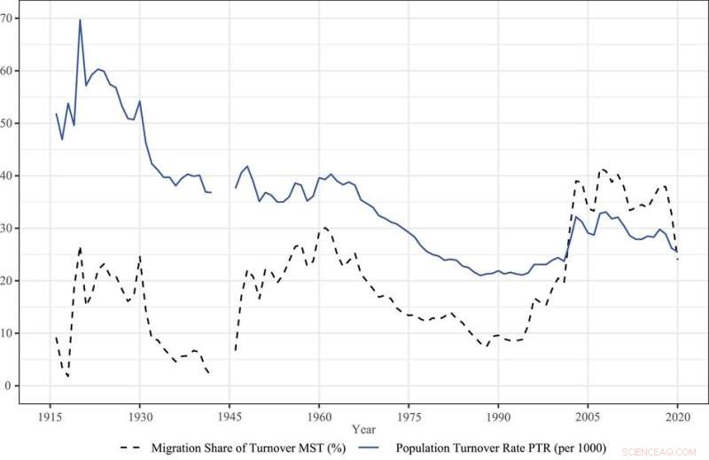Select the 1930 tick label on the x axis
coord(139,416)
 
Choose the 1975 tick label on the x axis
coord(409,416)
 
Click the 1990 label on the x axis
coord(498,416)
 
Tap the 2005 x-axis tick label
coord(588,416)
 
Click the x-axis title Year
coord(363,430)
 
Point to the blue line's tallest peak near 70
coord(80,19)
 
